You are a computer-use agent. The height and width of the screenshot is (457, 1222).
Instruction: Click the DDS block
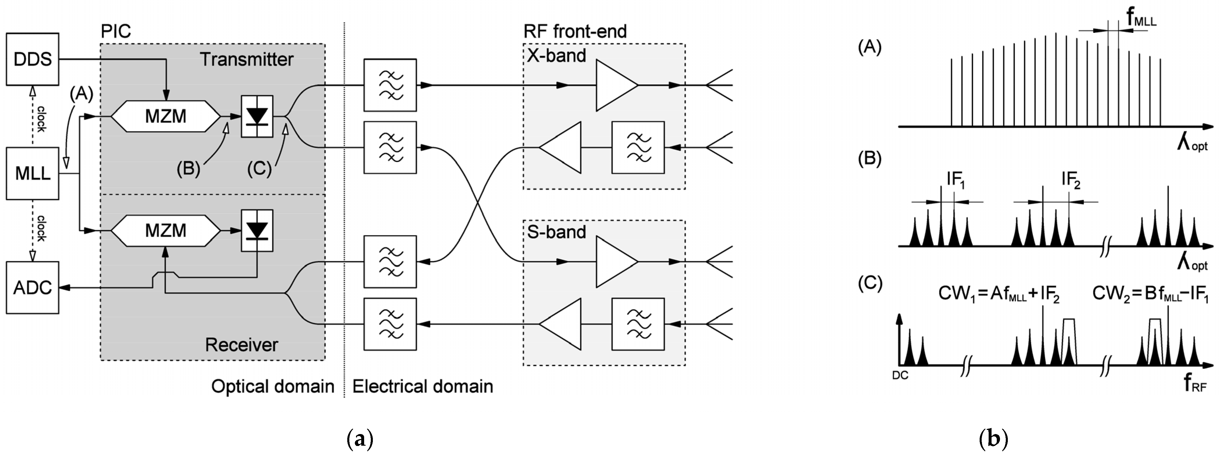(x=32, y=59)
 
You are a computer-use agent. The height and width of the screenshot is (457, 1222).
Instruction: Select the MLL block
(x=32, y=174)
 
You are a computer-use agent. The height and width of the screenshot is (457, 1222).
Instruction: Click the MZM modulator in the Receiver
(x=166, y=231)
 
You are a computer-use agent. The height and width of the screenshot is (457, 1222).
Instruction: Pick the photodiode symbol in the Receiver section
(x=257, y=231)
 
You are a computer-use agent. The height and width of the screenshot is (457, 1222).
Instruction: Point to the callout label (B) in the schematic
(x=188, y=169)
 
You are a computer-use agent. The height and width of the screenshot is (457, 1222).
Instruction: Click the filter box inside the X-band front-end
(x=638, y=148)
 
